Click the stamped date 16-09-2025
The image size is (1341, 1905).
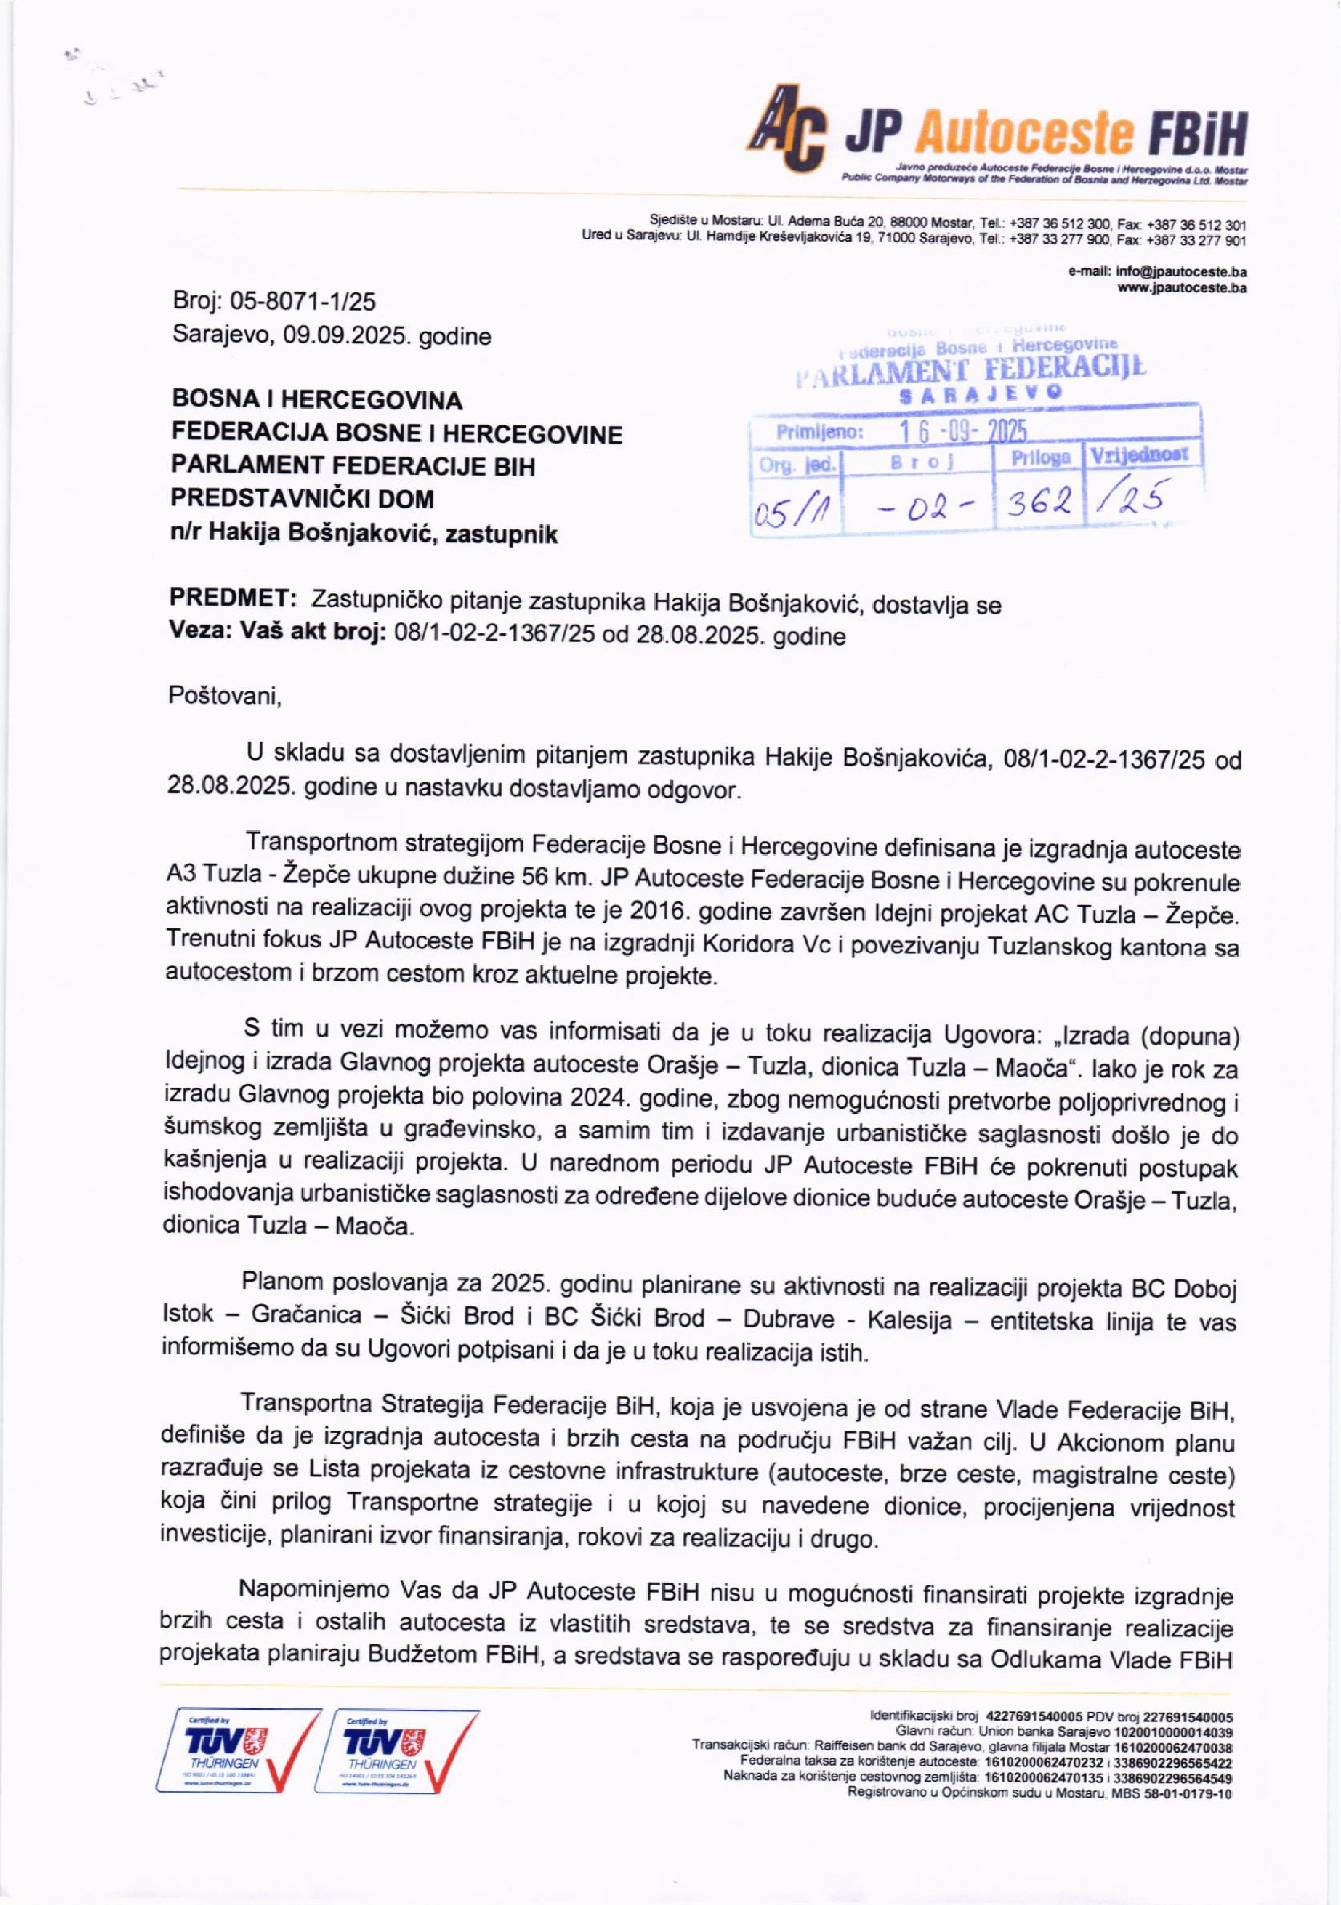click(x=963, y=432)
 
